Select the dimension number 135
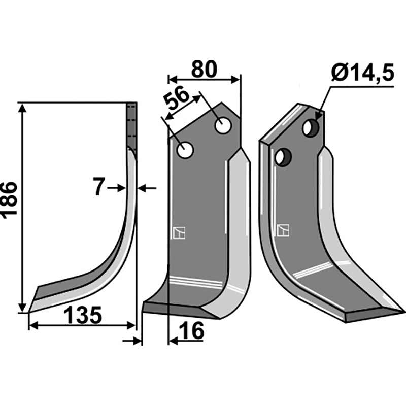point(83,315)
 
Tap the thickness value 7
point(99,186)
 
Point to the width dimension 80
point(204,70)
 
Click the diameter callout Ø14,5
point(362,73)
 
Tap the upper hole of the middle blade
point(223,125)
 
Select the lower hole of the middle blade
point(185,150)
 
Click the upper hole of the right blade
point(311,128)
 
